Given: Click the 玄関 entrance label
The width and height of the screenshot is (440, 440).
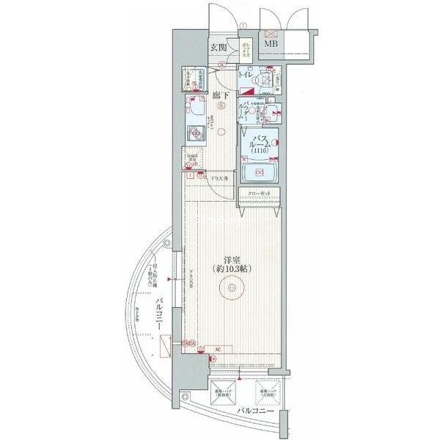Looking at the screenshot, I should point(218,48).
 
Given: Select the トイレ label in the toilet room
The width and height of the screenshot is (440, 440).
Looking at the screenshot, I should point(246,75).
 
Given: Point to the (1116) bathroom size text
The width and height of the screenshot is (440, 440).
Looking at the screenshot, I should point(260,150).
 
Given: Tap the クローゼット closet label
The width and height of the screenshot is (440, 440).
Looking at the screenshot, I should point(259,194).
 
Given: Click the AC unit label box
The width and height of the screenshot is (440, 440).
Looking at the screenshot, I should point(218,349).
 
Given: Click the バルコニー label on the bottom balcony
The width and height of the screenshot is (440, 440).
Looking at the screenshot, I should point(255,411).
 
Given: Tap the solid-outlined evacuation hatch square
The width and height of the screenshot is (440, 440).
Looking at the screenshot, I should point(225,392).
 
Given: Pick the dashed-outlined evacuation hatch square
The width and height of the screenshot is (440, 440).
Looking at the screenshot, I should point(268,392).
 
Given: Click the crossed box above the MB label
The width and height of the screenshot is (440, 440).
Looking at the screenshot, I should point(271,34).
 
